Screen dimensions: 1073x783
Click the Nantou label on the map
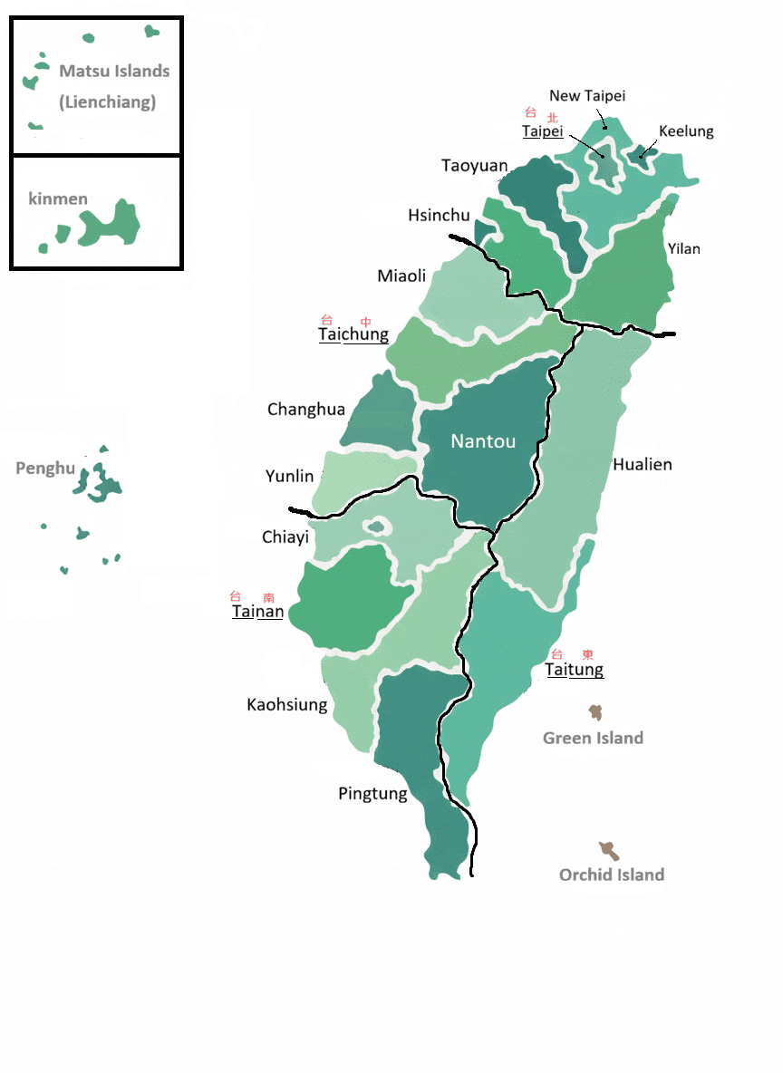(x=483, y=442)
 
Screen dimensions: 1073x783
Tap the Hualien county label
(x=643, y=465)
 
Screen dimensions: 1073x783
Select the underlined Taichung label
(x=353, y=334)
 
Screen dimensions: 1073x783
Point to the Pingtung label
(x=372, y=795)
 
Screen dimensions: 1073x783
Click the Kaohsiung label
(x=287, y=704)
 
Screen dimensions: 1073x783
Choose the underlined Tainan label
(x=257, y=612)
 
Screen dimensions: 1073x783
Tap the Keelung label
(x=686, y=131)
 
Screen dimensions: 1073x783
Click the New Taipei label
(x=587, y=96)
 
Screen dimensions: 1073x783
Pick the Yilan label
(x=683, y=248)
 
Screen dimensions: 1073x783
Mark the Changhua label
(x=306, y=410)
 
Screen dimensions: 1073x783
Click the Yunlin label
(x=290, y=477)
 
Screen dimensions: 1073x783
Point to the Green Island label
(x=593, y=739)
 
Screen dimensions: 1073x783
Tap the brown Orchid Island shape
(x=609, y=850)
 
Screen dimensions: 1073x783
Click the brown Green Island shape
(x=595, y=712)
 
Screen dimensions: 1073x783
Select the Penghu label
(x=44, y=469)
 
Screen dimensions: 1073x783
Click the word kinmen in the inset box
(x=58, y=198)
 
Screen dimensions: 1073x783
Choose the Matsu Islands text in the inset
(x=114, y=71)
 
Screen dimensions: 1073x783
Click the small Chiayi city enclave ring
(x=377, y=527)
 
